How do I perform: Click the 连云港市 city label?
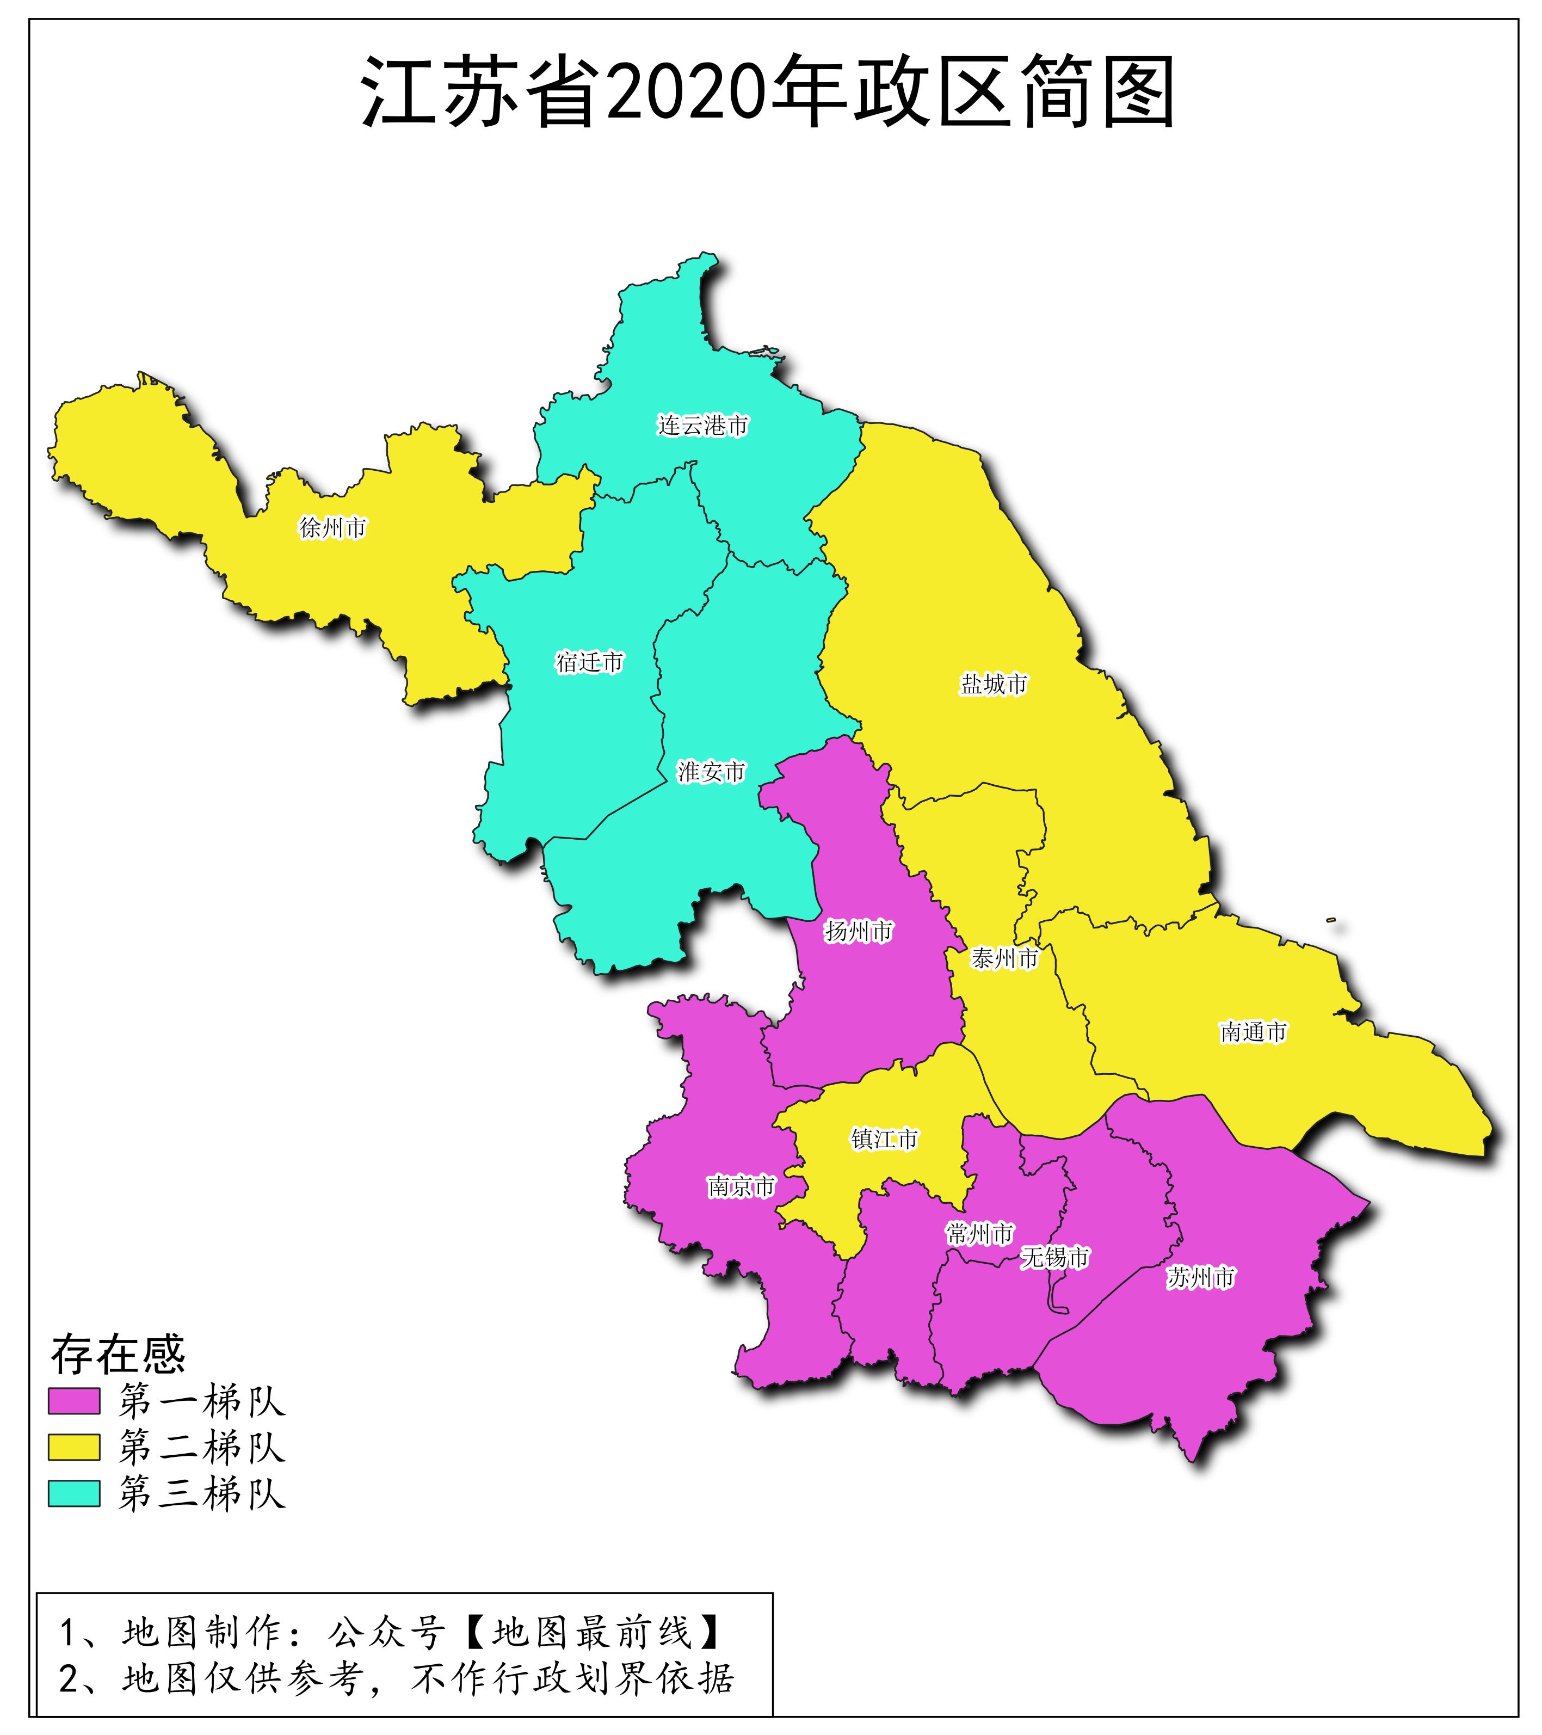[x=702, y=425]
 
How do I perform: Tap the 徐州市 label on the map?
[x=332, y=527]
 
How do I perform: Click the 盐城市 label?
[x=993, y=684]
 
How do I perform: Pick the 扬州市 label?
[x=859, y=931]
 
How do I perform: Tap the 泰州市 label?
[x=1004, y=958]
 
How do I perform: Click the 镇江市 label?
[x=884, y=1139]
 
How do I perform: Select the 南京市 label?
[x=741, y=1186]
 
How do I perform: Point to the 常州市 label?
[x=979, y=1233]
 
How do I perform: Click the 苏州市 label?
[x=1200, y=1277]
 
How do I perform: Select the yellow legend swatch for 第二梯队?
[x=74, y=1447]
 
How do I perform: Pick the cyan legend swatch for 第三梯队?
[x=74, y=1493]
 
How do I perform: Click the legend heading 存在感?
[x=118, y=1354]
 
